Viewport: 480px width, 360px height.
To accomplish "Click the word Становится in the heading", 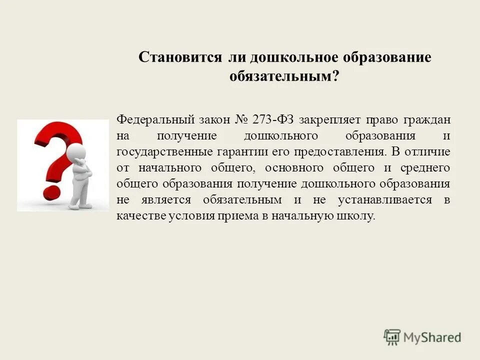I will tap(180, 57).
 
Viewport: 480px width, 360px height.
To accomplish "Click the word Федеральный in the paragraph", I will tap(148, 120).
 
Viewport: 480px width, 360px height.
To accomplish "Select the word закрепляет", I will tap(327, 120).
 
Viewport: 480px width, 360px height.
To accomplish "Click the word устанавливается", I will tap(383, 200).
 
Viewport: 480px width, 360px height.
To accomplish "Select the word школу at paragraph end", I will tap(357, 216).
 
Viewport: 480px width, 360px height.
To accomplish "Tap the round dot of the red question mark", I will tap(51, 193).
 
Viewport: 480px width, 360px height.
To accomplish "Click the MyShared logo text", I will tap(432, 337).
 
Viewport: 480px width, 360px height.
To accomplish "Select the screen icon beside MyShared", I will tap(392, 337).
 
